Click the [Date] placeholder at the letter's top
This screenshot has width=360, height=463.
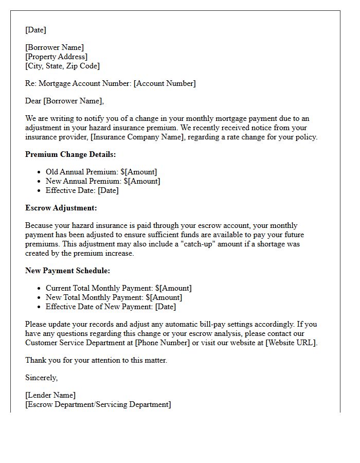35,30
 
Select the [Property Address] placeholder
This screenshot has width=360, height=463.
56,57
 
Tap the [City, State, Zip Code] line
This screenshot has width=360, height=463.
62,66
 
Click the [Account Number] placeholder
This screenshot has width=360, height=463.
165,83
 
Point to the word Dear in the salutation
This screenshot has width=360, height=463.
33,101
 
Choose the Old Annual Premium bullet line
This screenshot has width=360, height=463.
101,172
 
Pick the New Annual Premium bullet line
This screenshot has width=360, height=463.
103,181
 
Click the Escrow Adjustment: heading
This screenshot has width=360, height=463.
61,208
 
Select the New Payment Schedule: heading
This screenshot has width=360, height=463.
67,271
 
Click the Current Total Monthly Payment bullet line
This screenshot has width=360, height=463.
118,288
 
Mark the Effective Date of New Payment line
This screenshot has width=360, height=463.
111,307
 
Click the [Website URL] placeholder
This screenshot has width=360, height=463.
291,343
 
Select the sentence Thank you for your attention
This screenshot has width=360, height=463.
96,360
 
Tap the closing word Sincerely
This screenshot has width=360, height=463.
42,378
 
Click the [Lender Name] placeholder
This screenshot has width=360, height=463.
50,395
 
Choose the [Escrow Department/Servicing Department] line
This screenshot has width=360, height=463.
98,404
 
